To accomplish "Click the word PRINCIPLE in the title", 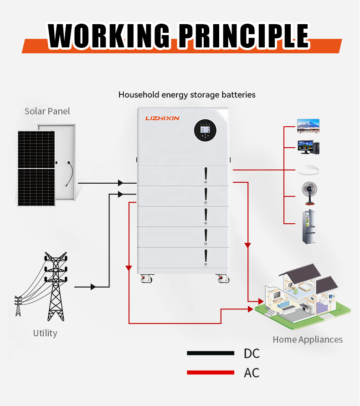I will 243,35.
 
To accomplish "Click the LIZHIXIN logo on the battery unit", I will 163,118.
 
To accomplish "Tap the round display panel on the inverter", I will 205,130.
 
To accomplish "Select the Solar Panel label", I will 47,111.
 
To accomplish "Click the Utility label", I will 45,333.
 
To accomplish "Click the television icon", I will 308,126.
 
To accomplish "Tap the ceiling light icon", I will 309,170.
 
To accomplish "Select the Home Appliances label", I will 308,339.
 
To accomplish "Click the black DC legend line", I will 211,353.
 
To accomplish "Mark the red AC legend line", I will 211,373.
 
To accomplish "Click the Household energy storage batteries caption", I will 187,95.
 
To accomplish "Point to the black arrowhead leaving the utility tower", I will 93,287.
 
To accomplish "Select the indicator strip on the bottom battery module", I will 206,257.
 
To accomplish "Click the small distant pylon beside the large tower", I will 18,306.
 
